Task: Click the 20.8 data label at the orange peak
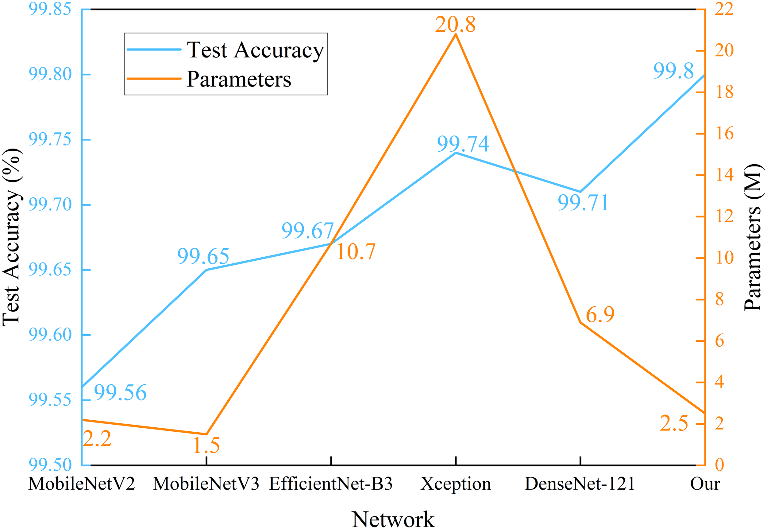point(455,25)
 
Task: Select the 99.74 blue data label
point(463,144)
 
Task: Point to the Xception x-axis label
point(456,484)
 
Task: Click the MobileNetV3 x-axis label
point(206,484)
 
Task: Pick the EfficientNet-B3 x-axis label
point(330,484)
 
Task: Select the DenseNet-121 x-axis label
point(580,484)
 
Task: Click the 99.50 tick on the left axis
point(50,465)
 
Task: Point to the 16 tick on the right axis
point(724,134)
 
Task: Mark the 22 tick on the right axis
point(724,9)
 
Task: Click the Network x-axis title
point(393,519)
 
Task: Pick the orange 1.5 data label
point(206,445)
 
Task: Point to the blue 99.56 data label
point(120,393)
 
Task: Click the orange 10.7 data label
point(356,252)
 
